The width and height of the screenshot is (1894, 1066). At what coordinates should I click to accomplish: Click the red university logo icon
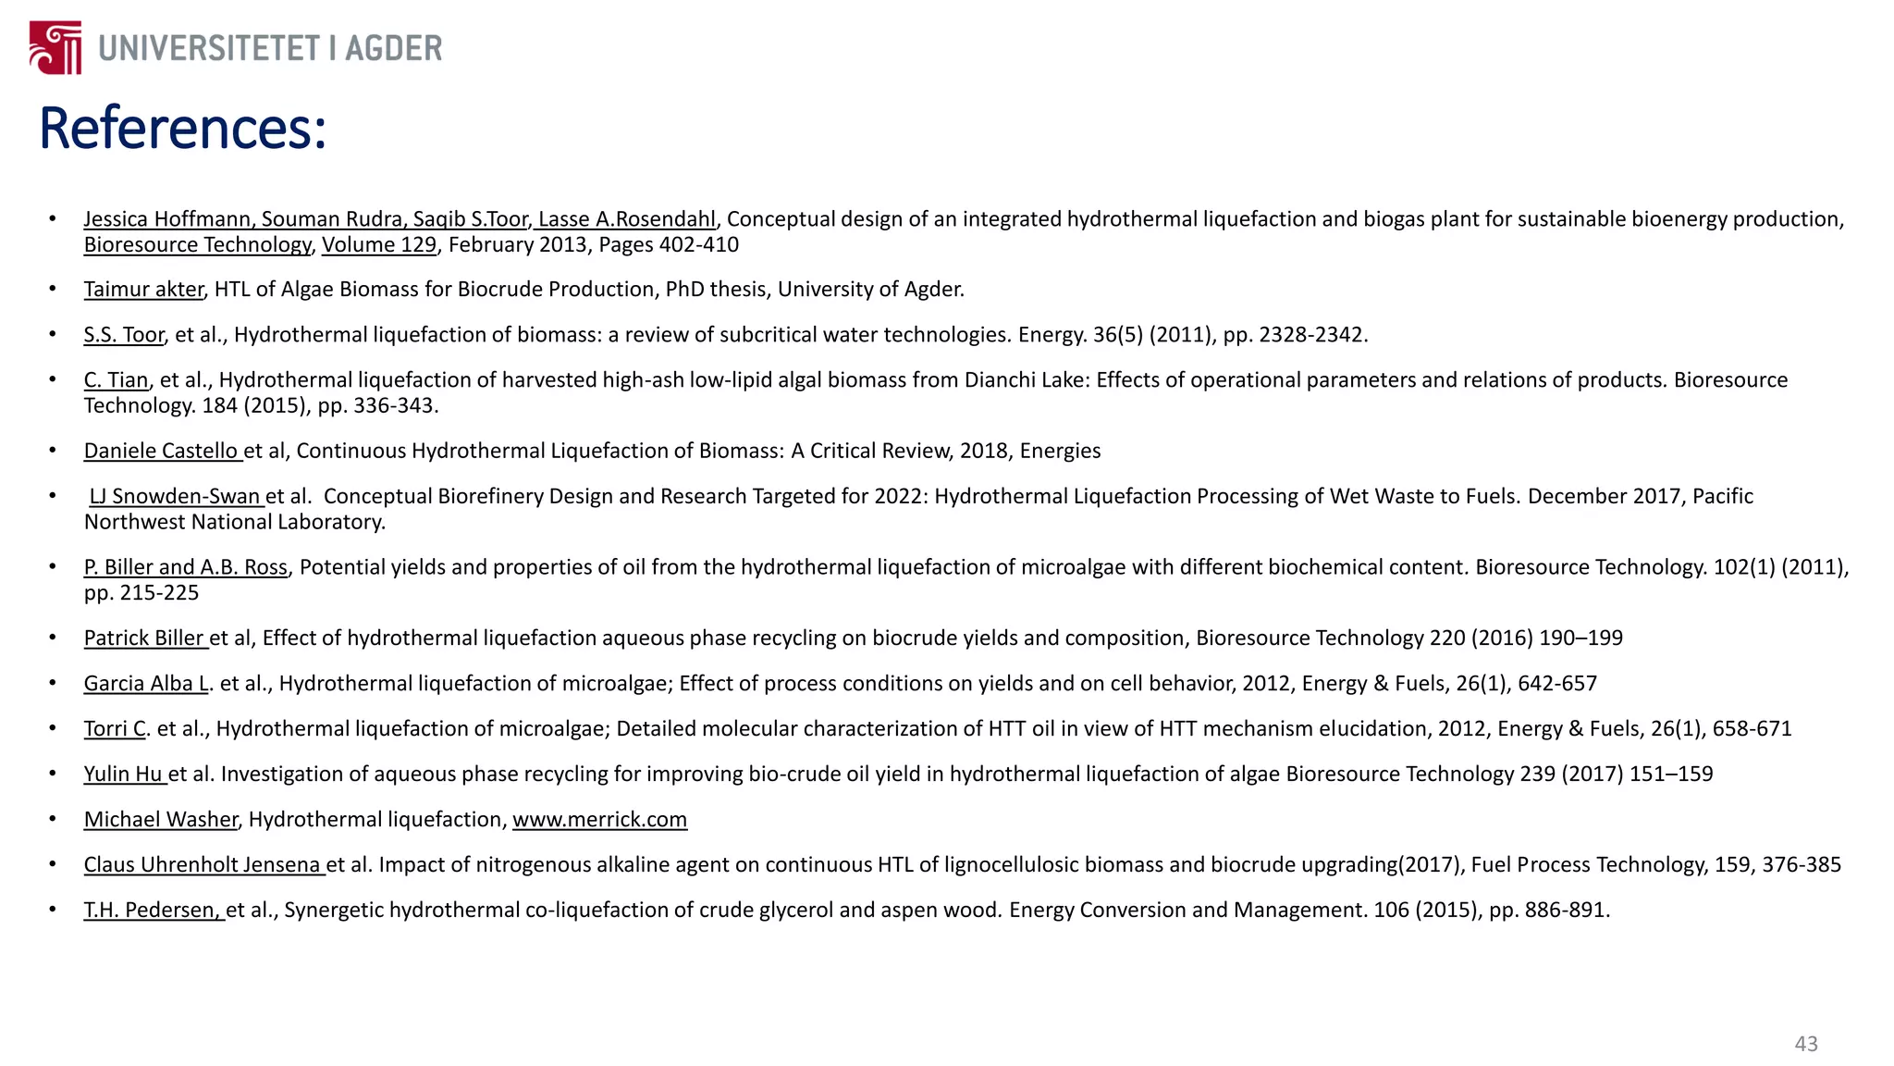point(55,48)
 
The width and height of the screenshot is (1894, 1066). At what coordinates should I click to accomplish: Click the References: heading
point(183,129)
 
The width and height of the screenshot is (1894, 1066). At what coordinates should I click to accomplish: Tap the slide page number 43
point(1805,1044)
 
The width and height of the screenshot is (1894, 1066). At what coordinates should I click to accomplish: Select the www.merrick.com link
point(599,820)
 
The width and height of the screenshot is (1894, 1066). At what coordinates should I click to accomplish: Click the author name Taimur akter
point(143,290)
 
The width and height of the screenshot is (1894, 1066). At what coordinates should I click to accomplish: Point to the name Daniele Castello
point(162,451)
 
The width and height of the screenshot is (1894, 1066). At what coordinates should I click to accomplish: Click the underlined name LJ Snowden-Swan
point(176,496)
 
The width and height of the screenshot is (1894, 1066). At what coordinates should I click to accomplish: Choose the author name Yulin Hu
point(124,774)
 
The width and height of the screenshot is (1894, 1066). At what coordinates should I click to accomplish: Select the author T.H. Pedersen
point(153,910)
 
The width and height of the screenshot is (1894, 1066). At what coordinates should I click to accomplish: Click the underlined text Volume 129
point(378,245)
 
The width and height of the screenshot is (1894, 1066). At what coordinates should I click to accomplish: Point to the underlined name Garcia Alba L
point(146,684)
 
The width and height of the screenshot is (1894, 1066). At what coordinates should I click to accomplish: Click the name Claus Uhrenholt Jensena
point(203,865)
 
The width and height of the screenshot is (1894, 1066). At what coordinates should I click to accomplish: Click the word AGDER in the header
point(393,48)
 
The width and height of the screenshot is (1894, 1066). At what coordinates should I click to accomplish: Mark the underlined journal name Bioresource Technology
point(197,245)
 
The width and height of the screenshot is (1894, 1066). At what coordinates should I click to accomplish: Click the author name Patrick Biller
point(144,638)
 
